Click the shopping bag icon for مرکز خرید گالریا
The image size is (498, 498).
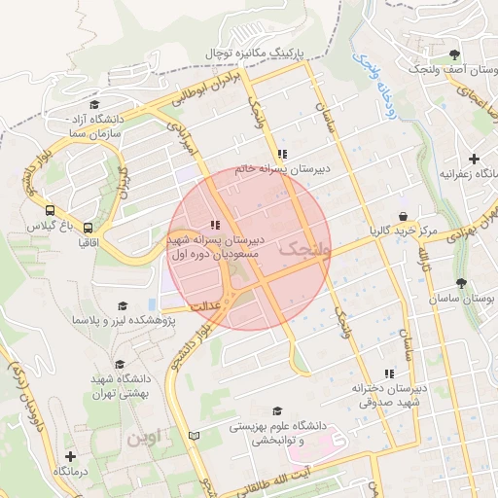click(x=403, y=217)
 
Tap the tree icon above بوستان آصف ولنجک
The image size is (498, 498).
click(x=456, y=53)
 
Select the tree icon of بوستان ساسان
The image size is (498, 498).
click(x=461, y=283)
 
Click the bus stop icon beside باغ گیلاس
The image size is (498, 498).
click(x=50, y=209)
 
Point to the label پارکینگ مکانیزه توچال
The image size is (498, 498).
click(x=255, y=50)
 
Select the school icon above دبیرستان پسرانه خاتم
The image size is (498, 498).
click(x=282, y=154)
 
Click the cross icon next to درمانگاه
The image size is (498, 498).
click(x=70, y=456)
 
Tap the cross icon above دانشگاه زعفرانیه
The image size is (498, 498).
click(x=474, y=159)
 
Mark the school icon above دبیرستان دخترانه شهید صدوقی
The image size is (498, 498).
click(x=389, y=373)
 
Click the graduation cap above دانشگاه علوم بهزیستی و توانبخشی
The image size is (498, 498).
click(x=277, y=411)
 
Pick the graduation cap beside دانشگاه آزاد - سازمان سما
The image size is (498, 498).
click(x=94, y=105)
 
